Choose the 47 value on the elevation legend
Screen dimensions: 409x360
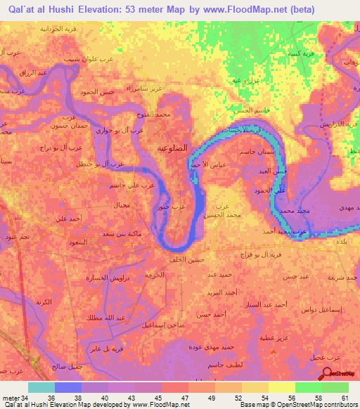[x=184, y=397]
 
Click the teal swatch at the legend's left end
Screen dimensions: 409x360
[x=41, y=387]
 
